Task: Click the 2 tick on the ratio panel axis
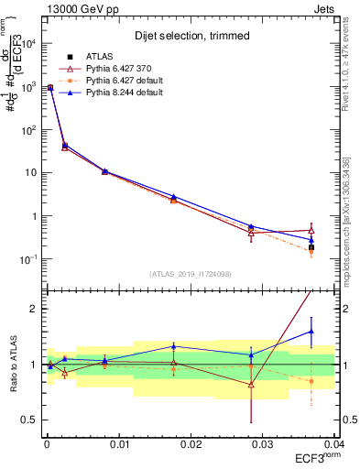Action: click(x=33, y=309)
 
